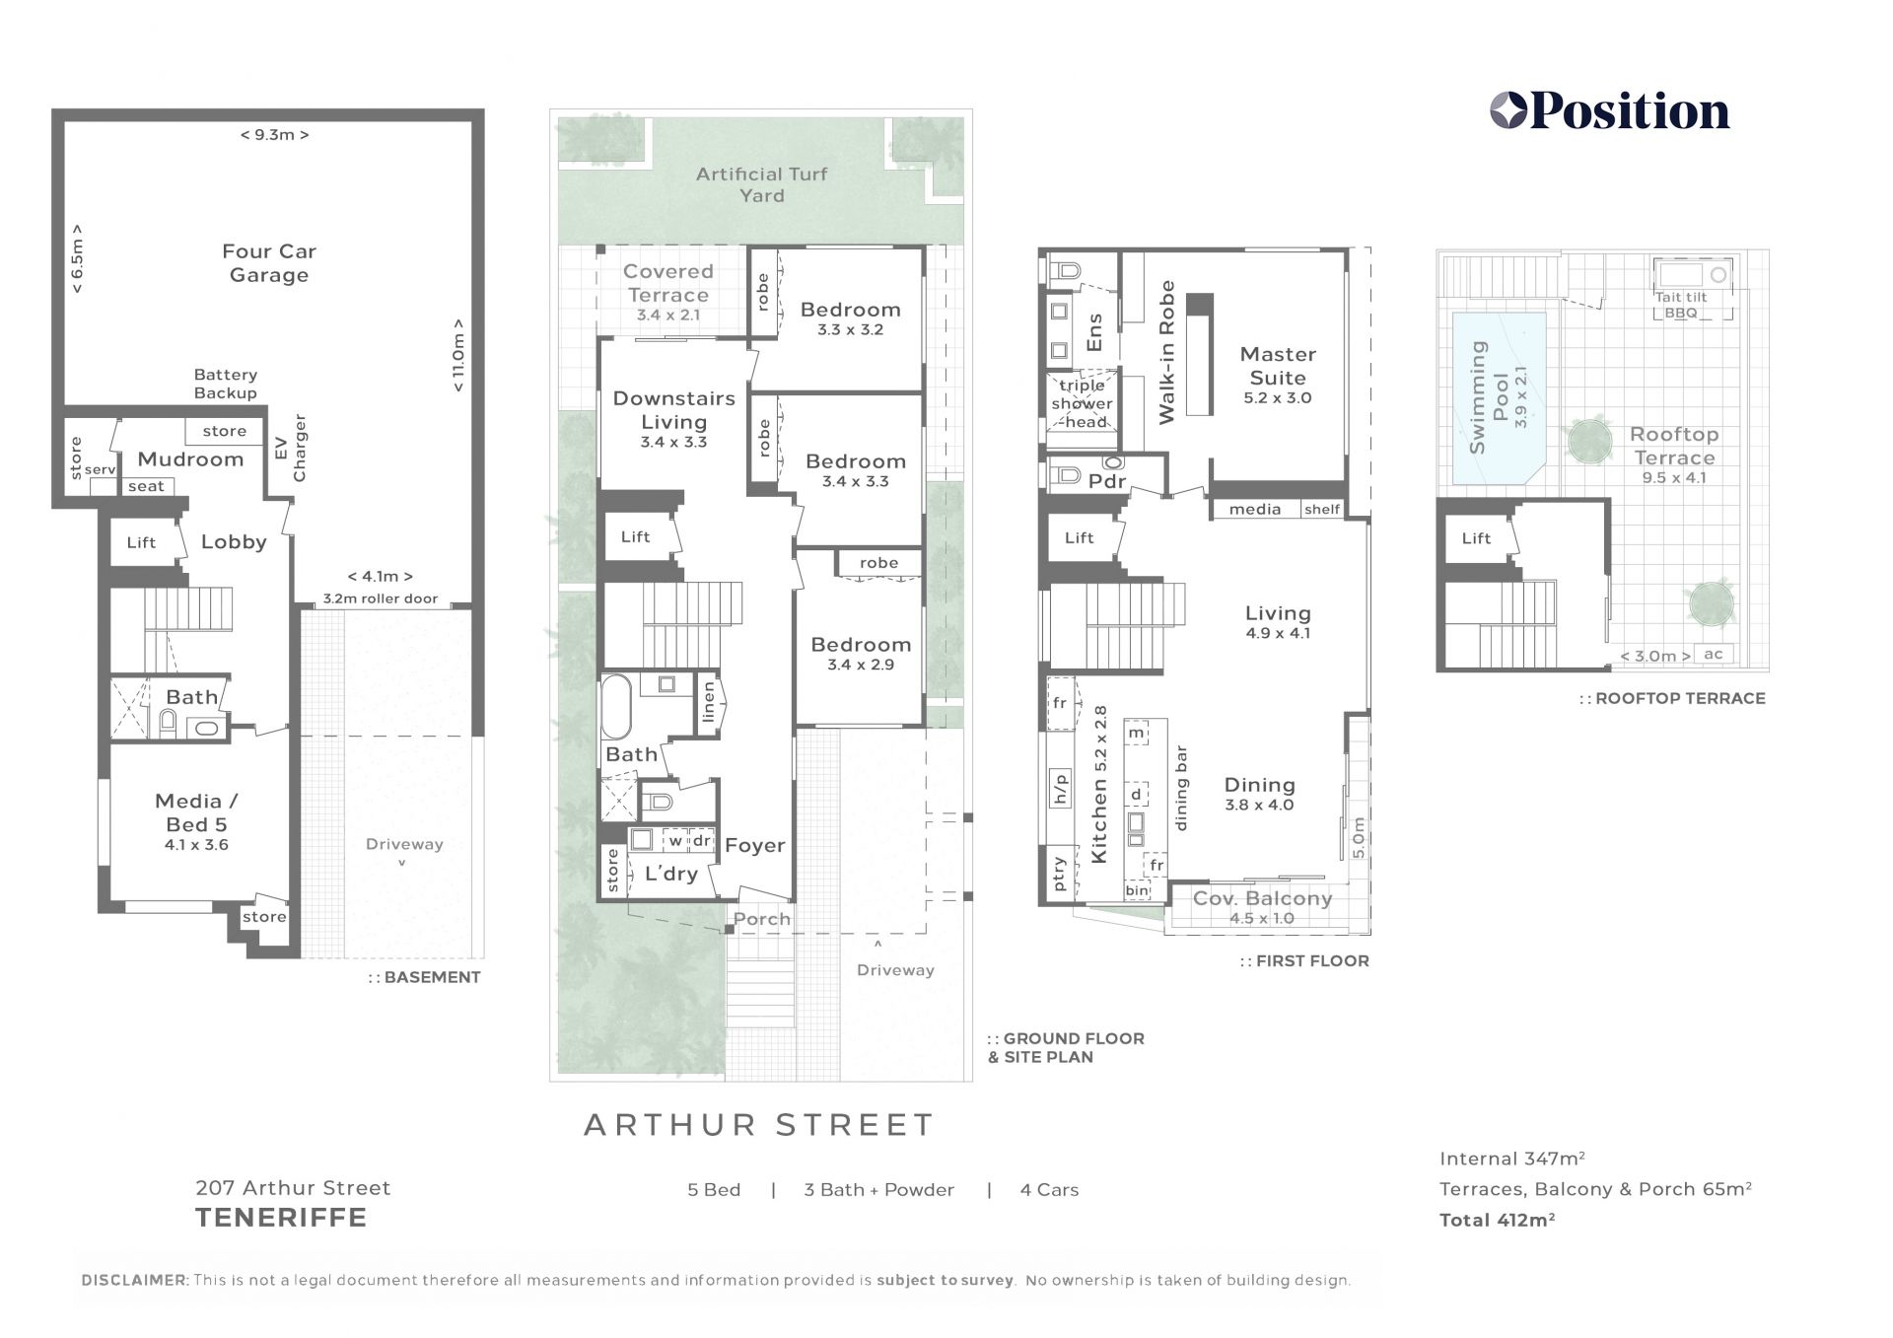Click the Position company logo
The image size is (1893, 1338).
point(1609,111)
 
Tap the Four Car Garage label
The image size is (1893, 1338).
point(269,263)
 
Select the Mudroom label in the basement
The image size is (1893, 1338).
point(190,458)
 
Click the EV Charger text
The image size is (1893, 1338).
point(291,448)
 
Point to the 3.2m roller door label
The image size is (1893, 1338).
point(381,599)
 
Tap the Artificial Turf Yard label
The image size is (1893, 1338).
point(761,184)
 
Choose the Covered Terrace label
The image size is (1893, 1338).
point(668,283)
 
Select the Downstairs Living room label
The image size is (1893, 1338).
point(674,410)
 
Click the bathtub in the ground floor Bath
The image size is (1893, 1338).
point(616,706)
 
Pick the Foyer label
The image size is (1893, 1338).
point(755,845)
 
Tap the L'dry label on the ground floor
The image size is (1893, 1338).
point(671,874)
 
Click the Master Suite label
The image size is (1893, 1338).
point(1278,366)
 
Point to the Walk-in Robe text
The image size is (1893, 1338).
point(1167,353)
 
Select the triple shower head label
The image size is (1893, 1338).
point(1082,403)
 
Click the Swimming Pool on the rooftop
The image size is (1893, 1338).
point(1499,398)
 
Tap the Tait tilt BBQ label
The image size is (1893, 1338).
point(1681,305)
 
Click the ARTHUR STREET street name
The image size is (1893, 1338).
point(759,1125)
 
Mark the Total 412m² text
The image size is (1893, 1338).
point(1497,1220)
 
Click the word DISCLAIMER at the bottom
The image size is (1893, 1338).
point(134,1280)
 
